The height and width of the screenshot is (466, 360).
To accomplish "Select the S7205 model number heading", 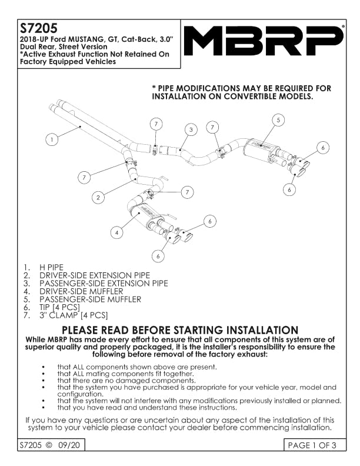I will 38,28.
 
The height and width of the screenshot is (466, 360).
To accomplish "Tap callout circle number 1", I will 52,139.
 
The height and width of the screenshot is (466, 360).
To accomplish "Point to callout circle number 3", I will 191,129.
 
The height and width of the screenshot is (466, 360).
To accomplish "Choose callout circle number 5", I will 279,119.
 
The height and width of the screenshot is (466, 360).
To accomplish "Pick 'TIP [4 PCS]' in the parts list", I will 59,307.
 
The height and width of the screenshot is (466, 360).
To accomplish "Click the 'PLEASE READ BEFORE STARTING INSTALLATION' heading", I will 180,330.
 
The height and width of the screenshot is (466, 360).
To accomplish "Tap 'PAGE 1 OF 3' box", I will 311,445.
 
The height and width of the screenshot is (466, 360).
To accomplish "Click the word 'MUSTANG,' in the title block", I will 84,39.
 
